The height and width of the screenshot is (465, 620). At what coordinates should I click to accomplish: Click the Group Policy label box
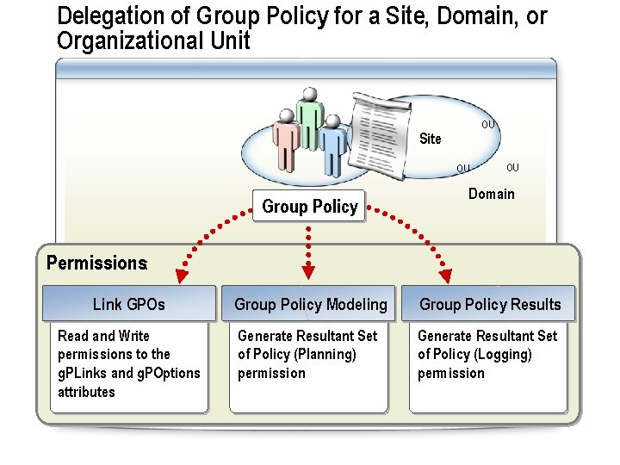click(x=309, y=207)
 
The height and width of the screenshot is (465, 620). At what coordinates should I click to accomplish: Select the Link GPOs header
click(x=128, y=304)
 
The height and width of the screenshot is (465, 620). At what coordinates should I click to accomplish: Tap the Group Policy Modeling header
click(x=310, y=304)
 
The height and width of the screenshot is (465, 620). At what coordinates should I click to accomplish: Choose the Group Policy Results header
click(x=489, y=304)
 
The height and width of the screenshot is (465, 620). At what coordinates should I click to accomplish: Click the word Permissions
click(x=96, y=263)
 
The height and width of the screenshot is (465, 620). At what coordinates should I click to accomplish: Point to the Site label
click(x=430, y=139)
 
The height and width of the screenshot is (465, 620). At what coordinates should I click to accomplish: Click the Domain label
click(x=491, y=194)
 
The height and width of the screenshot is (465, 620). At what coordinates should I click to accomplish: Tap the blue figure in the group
click(x=332, y=146)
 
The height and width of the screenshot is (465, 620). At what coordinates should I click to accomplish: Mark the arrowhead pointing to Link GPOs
click(x=181, y=276)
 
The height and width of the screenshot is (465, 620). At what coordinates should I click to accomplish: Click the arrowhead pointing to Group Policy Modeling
click(x=309, y=275)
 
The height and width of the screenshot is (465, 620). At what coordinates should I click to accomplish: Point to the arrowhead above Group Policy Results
click(x=445, y=276)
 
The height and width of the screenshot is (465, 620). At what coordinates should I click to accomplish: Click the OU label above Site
click(x=487, y=125)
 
